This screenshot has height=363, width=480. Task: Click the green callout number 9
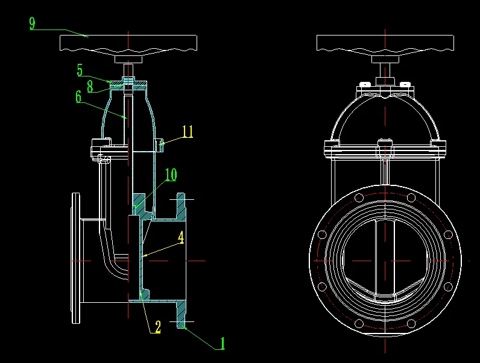[x=32, y=23]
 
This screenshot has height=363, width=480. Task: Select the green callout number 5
[x=80, y=70]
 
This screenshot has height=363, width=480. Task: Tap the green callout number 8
[x=90, y=86]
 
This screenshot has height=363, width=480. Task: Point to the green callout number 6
[x=78, y=96]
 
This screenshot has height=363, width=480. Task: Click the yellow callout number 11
[x=188, y=132]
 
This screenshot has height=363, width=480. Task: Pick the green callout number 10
[x=171, y=175]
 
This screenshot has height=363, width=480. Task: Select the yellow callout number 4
[x=181, y=237]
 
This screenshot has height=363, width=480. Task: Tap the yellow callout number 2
[x=158, y=327]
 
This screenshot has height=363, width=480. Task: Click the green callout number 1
[x=223, y=343]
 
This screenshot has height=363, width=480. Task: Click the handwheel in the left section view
[x=128, y=43]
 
